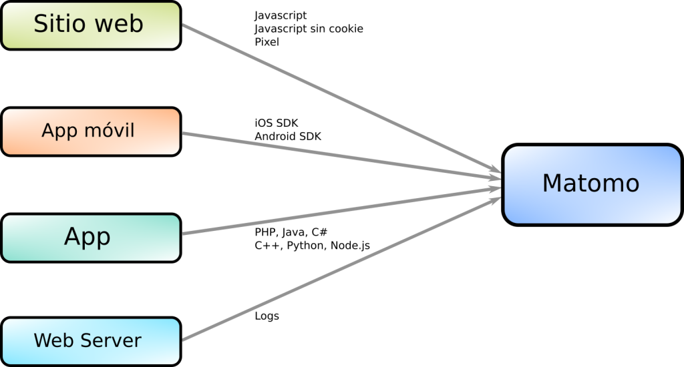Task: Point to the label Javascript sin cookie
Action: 309,29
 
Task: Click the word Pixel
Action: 267,41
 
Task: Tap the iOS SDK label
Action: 277,123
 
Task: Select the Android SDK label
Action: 288,136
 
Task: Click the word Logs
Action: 267,316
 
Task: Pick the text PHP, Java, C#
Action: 291,232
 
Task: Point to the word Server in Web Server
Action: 111,340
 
